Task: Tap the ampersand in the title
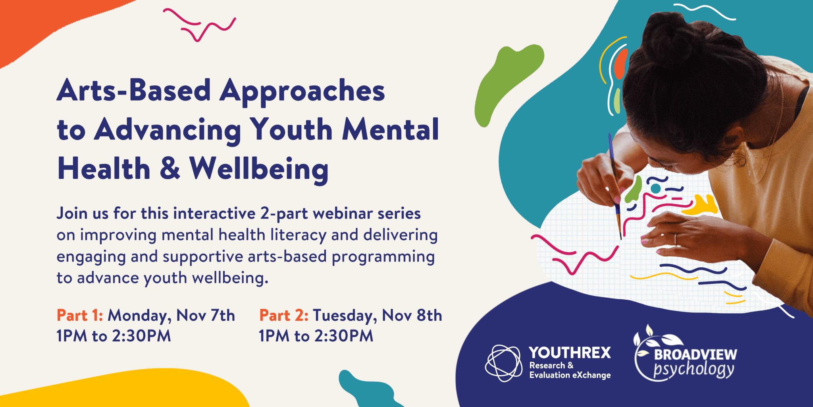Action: (170, 168)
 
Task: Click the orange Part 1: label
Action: (80, 315)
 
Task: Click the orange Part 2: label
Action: (284, 315)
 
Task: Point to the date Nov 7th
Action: (206, 315)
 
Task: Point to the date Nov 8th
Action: (412, 315)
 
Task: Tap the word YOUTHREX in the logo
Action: (570, 353)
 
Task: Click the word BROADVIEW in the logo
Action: (695, 354)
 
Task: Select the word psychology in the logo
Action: (694, 370)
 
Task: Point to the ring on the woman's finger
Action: (675, 239)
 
